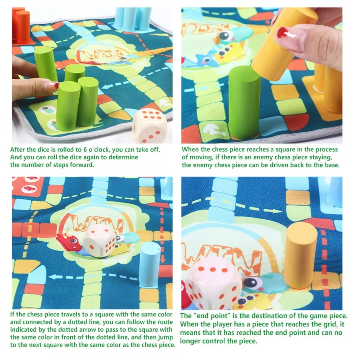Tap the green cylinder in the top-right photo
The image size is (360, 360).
click(244, 103)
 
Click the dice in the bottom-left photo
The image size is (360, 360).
click(99, 240)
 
